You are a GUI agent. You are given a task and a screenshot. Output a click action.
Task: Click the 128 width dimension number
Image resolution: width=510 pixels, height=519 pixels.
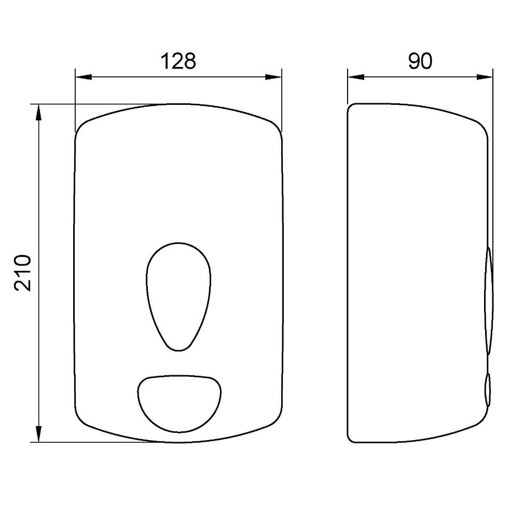[x=178, y=61]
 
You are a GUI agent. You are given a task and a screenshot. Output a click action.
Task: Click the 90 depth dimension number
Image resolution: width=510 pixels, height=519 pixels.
[x=420, y=61]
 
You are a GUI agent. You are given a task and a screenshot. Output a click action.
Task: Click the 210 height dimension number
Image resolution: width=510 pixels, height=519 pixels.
[x=23, y=273]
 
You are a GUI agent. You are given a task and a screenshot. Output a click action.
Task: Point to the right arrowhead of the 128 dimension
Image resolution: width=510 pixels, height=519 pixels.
[x=273, y=77]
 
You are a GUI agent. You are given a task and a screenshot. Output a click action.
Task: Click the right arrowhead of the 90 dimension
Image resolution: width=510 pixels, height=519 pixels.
[x=485, y=77]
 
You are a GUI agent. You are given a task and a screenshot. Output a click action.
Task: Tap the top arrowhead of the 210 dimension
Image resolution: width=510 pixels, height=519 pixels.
[x=39, y=113]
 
